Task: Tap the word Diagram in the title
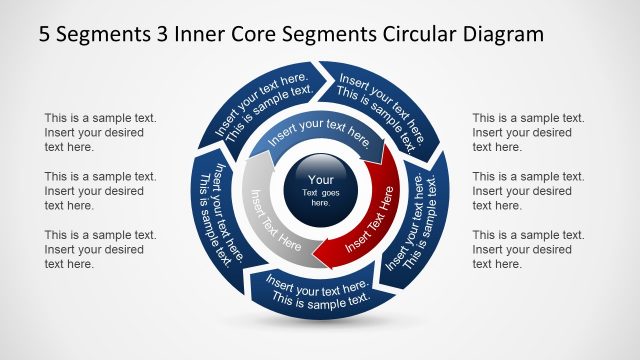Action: [505, 34]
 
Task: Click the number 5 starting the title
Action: [45, 34]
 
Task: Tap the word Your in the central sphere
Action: [320, 181]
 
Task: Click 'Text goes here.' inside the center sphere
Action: [320, 197]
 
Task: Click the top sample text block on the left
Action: [99, 132]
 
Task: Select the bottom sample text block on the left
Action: [99, 249]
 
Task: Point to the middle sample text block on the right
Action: [528, 190]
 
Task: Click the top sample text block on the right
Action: [528, 132]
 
